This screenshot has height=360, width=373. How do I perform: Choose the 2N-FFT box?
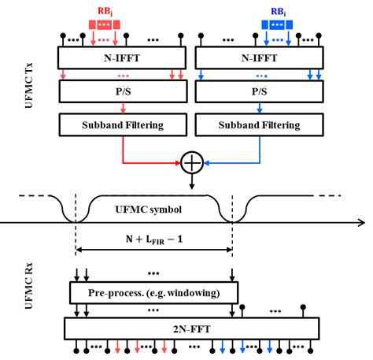point(191,327)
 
